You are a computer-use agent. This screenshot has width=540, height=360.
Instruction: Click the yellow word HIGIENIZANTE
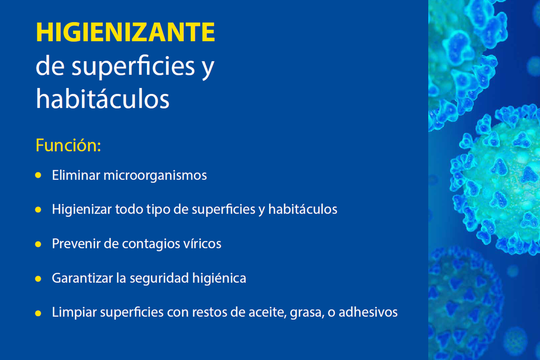click(125, 32)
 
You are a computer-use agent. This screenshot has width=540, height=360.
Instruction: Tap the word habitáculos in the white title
click(103, 99)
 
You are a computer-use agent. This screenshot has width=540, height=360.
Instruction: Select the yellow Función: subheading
click(68, 145)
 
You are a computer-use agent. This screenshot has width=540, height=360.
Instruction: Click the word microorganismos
click(155, 176)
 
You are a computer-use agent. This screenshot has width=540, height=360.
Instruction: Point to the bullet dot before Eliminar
click(38, 175)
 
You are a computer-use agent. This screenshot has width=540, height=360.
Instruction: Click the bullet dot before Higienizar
click(38, 210)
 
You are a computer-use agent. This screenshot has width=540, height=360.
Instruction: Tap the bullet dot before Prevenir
click(38, 244)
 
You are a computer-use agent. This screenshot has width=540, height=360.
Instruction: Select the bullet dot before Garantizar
click(38, 279)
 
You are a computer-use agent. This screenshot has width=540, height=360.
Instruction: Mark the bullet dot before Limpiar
click(38, 313)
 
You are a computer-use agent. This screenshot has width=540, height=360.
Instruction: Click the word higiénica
click(219, 278)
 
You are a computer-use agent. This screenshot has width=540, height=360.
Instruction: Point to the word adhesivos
click(368, 312)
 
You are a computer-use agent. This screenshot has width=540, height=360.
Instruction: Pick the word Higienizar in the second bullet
click(82, 209)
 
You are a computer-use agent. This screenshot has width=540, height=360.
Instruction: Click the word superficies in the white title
click(134, 66)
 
